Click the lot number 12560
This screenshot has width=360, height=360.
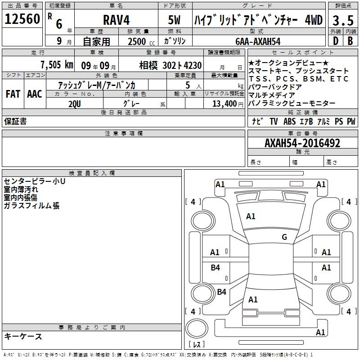coord(22,19)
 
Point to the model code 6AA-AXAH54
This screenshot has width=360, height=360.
coord(258,41)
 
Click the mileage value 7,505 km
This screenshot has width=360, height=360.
coord(56,65)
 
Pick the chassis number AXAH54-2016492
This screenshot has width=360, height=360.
coord(303,143)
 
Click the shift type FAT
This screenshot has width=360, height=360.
coord(13,94)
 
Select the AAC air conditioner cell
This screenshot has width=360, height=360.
coord(34,94)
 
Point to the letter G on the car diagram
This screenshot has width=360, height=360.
coord(284,237)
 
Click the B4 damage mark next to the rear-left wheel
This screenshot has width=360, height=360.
coord(221,292)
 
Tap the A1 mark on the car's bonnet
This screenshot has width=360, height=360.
coord(251,216)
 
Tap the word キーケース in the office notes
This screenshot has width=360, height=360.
coord(23,336)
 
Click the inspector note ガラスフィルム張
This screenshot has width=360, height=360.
coord(31,206)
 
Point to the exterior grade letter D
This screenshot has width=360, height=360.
coord(335,41)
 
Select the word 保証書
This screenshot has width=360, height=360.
coord(15,121)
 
